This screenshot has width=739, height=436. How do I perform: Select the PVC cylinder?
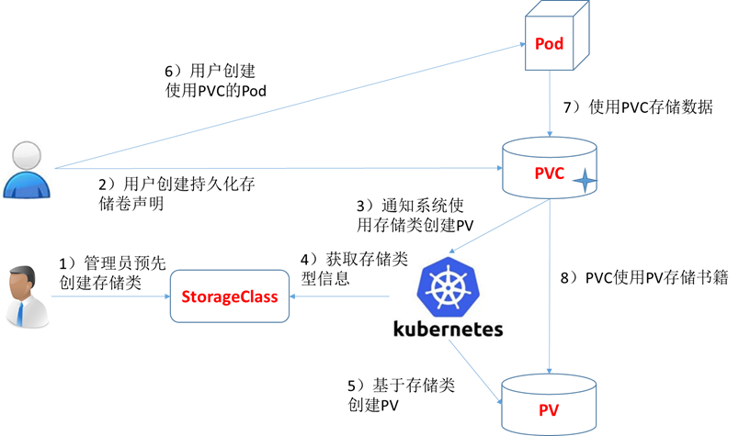click(550, 169)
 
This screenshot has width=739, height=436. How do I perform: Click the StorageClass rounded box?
click(231, 296)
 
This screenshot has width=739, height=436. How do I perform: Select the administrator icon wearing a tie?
click(27, 296)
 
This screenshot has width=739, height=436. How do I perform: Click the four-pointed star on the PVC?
click(584, 183)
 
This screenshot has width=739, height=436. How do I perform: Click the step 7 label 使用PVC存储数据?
click(631, 106)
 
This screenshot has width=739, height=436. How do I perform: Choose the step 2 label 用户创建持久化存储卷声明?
click(176, 194)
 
